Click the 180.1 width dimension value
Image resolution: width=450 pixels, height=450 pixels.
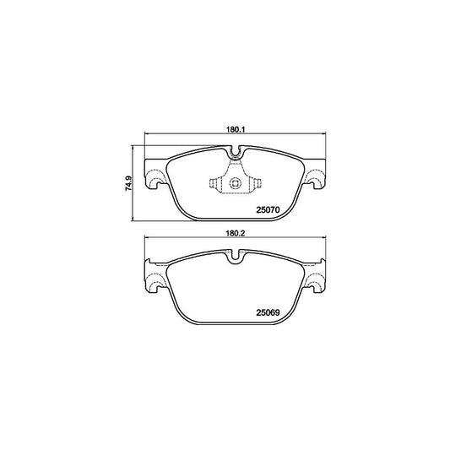[235, 131]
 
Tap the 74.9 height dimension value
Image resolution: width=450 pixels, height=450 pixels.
[128, 182]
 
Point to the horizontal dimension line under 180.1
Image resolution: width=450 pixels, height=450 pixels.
[236, 138]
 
